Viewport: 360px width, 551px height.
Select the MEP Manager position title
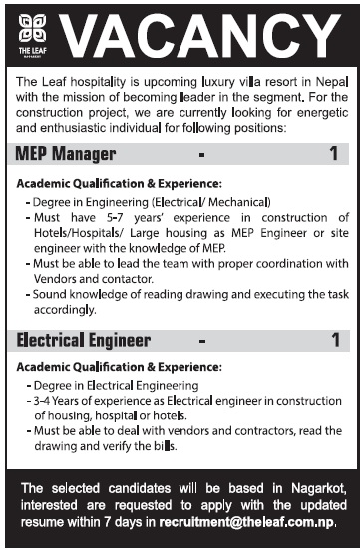[66, 154]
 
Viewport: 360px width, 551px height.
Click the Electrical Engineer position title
[83, 339]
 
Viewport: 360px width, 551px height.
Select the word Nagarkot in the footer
[305, 488]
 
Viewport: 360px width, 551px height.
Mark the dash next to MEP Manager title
[202, 155]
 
